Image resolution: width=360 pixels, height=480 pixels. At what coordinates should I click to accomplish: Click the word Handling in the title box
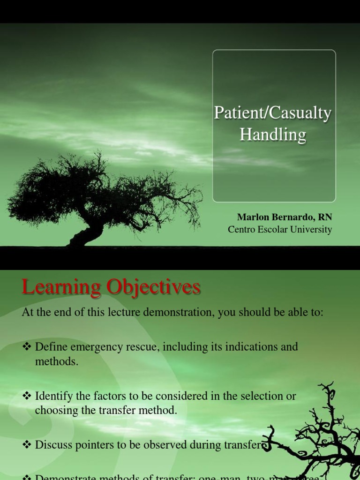273,135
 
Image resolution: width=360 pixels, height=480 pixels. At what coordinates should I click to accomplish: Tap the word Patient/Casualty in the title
273,114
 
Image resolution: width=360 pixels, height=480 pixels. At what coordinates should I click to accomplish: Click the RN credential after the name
325,217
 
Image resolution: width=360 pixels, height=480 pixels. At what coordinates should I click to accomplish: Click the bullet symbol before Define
26,347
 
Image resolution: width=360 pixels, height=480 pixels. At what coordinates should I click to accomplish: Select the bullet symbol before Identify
26,396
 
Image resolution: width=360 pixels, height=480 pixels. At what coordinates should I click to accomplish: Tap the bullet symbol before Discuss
26,445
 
